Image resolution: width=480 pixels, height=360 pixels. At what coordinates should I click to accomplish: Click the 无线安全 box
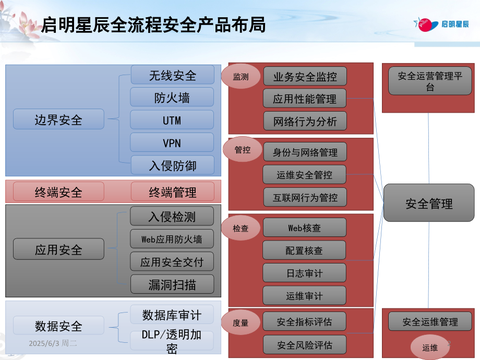pyautogui.click(x=172, y=75)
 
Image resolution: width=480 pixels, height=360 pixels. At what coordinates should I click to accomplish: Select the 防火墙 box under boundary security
pyautogui.click(x=172, y=98)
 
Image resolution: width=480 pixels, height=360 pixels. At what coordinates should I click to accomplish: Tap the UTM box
pyautogui.click(x=172, y=120)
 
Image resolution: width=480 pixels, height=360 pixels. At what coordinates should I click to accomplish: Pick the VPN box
pyautogui.click(x=172, y=142)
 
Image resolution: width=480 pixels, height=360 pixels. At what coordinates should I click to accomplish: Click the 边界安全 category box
pyautogui.click(x=58, y=119)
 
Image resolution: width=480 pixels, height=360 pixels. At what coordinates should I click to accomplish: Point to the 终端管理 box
pyautogui.click(x=172, y=192)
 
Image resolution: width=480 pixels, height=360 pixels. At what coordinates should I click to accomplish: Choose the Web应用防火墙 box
pyautogui.click(x=172, y=239)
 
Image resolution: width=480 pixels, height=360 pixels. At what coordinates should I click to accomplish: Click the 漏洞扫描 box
pyautogui.click(x=172, y=284)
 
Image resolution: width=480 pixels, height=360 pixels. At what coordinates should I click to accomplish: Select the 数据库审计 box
pyautogui.click(x=172, y=315)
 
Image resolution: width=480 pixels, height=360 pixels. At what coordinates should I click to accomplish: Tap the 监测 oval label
pyautogui.click(x=241, y=77)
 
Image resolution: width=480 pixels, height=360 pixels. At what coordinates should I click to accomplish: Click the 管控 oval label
pyautogui.click(x=243, y=150)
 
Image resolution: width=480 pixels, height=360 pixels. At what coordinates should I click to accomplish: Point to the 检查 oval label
pyautogui.click(x=241, y=228)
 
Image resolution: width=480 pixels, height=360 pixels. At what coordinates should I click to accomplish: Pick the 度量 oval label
pyautogui.click(x=241, y=323)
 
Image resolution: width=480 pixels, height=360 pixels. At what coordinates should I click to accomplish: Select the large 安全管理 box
pyautogui.click(x=429, y=204)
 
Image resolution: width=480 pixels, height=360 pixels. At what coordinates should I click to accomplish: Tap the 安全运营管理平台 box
pyautogui.click(x=430, y=81)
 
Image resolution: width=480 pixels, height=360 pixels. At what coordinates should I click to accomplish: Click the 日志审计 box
pyautogui.click(x=305, y=273)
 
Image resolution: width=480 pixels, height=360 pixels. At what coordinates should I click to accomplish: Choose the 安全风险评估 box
pyautogui.click(x=305, y=345)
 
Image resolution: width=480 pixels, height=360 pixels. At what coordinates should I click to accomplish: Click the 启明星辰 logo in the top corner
pyautogui.click(x=441, y=24)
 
